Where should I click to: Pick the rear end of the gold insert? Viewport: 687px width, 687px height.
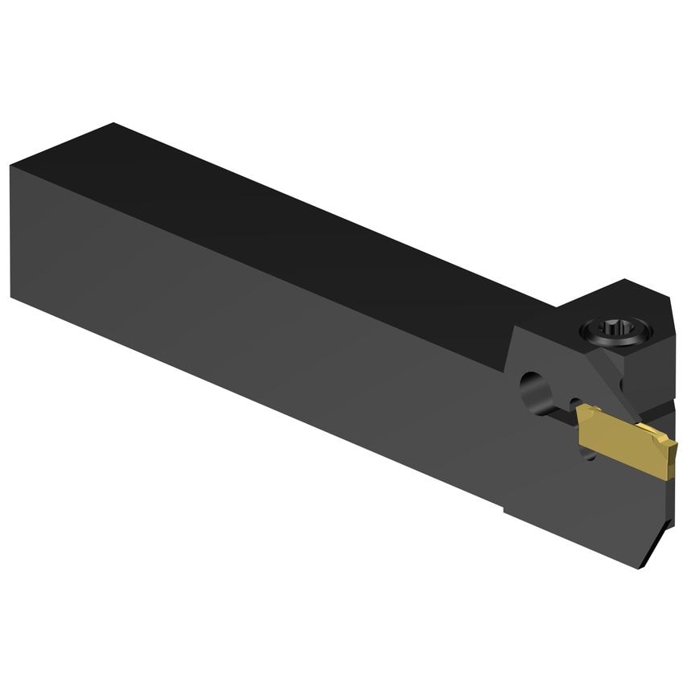pos(581,418)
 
